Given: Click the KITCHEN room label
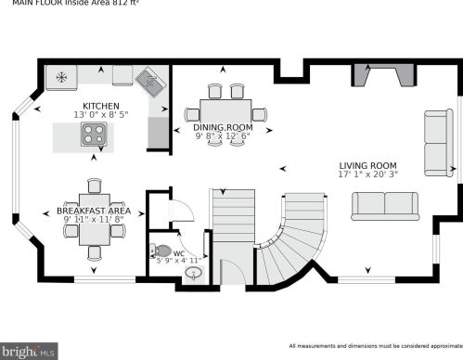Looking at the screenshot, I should coord(99,107).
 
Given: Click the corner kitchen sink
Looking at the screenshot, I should coord(151,84).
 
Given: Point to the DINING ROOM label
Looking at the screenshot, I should coord(222,127).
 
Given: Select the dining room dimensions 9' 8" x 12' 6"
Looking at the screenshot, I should coord(222,136).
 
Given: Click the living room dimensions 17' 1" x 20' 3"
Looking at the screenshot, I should coord(368,172).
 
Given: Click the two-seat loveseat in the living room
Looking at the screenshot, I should coord(387,204).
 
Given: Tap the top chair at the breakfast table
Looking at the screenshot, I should coord(94,186).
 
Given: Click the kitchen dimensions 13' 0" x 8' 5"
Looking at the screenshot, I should coord(99,116).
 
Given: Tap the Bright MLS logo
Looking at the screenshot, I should coord(30,352).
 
